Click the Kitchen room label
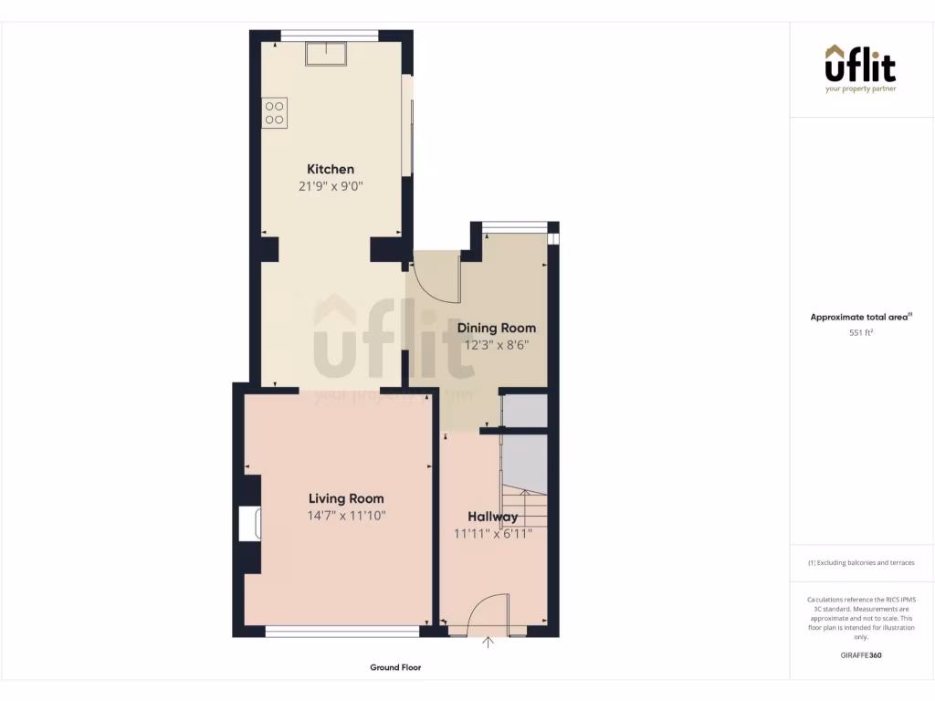(330, 169)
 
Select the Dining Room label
(496, 328)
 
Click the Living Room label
(346, 498)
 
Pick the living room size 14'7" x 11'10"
(346, 516)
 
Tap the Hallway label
(493, 517)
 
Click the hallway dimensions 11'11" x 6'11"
(493, 534)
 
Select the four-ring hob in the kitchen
(275, 112)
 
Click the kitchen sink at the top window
(326, 55)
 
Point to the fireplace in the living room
(250, 524)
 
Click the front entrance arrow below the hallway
(489, 643)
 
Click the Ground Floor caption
(395, 667)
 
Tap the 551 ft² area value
(861, 333)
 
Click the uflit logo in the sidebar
(860, 68)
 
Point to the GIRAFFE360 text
(861, 655)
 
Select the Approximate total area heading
(861, 317)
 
